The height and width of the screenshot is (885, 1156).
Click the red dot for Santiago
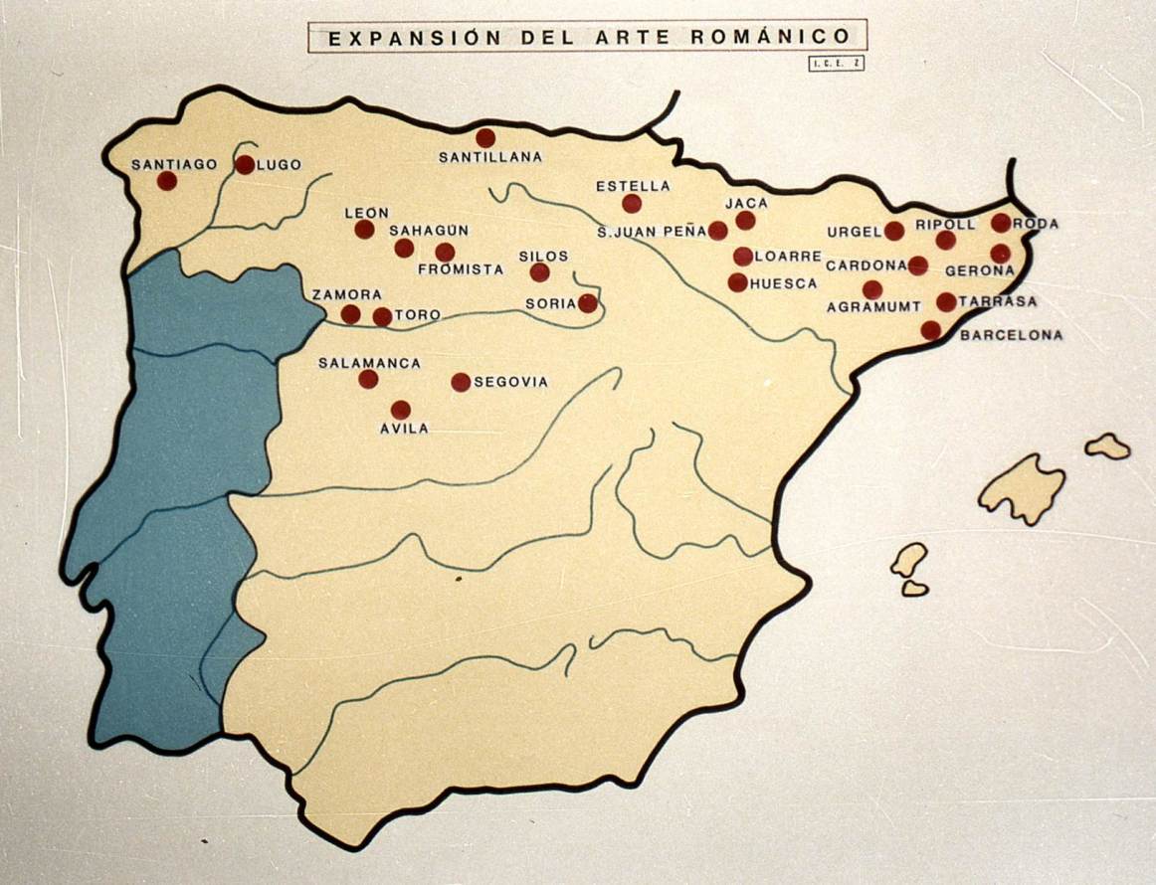tap(167, 180)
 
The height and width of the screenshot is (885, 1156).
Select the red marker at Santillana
tap(485, 138)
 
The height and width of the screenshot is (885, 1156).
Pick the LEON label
tap(366, 212)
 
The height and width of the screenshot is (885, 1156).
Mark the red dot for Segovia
tap(461, 382)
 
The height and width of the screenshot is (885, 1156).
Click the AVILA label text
tap(404, 429)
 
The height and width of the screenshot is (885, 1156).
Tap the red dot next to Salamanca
tap(368, 379)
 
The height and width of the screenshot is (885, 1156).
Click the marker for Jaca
tap(745, 221)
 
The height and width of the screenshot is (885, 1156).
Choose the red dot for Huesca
tap(737, 282)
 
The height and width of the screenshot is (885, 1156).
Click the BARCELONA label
tap(1011, 335)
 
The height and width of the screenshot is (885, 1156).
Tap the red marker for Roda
tap(1001, 223)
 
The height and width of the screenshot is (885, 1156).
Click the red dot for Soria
tap(588, 303)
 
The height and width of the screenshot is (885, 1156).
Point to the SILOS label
tap(543, 256)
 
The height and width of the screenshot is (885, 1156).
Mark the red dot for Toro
tap(382, 317)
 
